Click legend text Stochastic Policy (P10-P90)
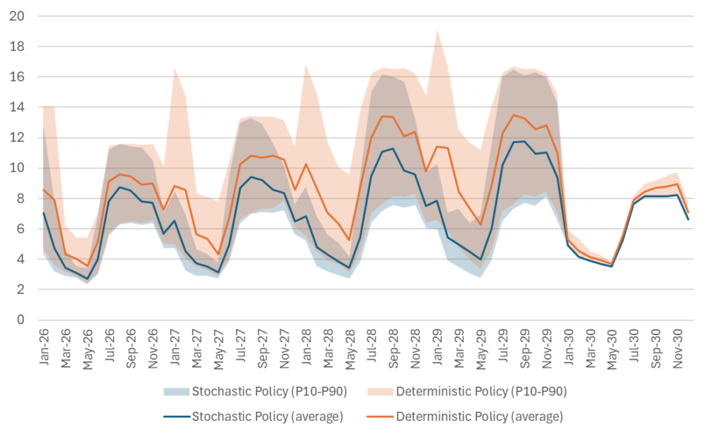tap(269, 391)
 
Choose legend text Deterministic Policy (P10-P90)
tap(481, 391)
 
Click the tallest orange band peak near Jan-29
tap(437, 30)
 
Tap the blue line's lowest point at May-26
tap(88, 278)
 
